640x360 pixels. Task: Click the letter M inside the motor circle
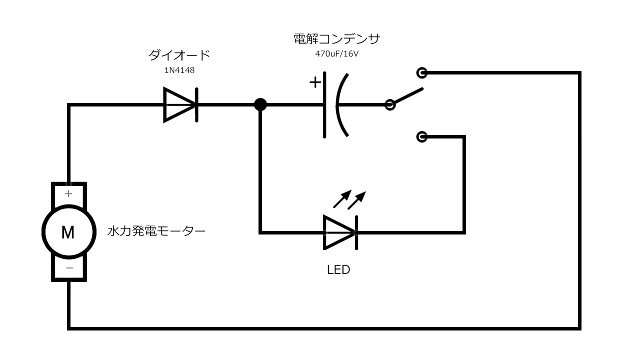pos(68,232)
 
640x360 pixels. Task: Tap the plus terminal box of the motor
pos(69,193)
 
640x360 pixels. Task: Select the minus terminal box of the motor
pos(69,269)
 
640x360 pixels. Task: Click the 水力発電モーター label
pos(156,232)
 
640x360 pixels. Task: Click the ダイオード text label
pos(179,55)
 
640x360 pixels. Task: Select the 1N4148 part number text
pos(179,70)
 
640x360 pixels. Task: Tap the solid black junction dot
pos(260,104)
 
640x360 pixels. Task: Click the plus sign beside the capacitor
pos(315,82)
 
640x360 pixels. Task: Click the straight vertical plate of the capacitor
pos(325,104)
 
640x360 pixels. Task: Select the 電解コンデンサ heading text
pos(337,38)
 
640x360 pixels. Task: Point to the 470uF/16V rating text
pos(336,53)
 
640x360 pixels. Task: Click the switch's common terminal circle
pos(390,104)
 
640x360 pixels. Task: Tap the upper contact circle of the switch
pos(422,73)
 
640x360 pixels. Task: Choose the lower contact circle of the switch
pos(422,136)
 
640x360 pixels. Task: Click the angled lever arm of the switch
pos(407,96)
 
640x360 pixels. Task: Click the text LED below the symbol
pos(338,270)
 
